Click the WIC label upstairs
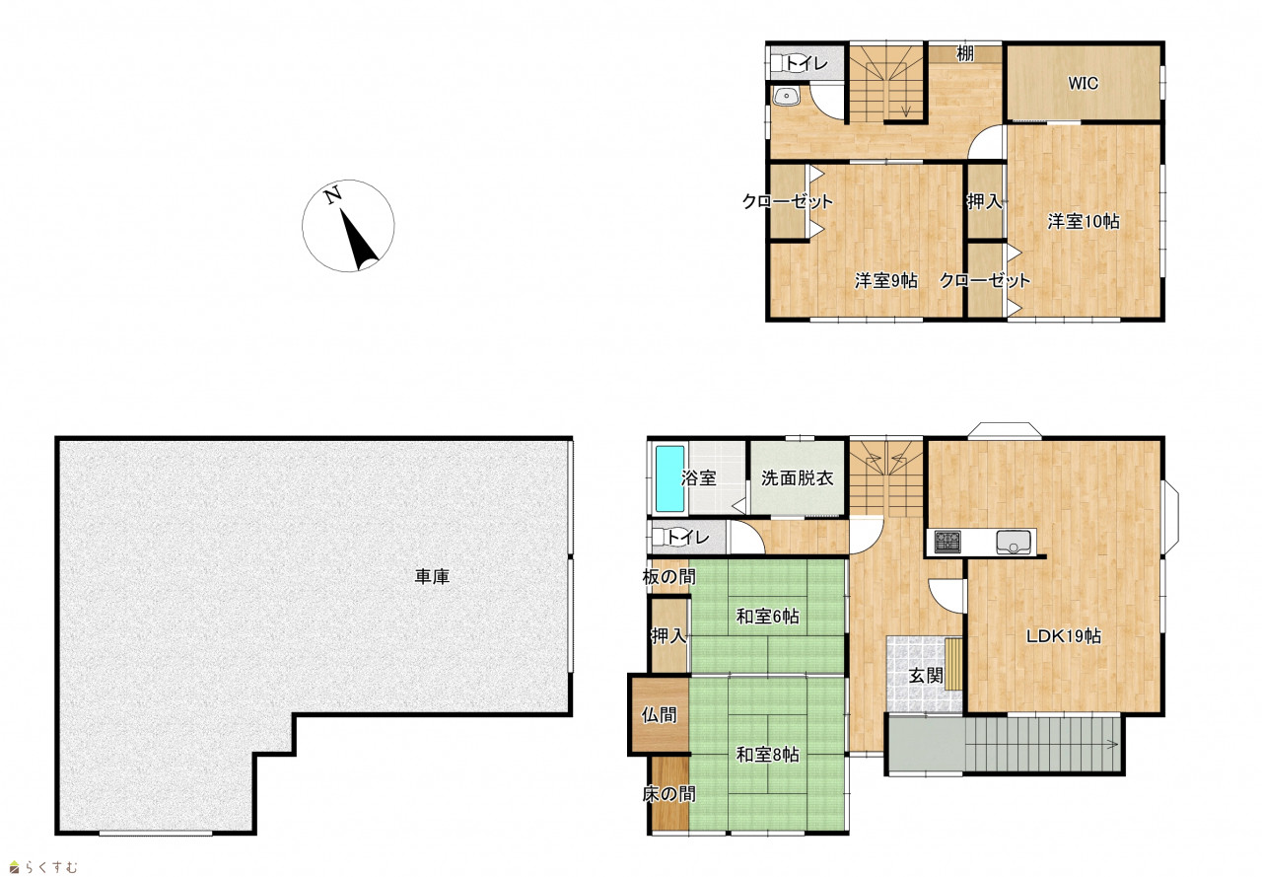click(1083, 84)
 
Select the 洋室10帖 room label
click(1084, 222)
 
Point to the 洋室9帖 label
click(886, 280)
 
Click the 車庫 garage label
click(432, 576)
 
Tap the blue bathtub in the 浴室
click(669, 479)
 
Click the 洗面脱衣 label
click(798, 477)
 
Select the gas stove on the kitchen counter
click(947, 542)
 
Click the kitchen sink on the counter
click(1013, 543)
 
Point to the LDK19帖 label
click(1063, 635)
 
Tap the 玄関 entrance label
click(926, 676)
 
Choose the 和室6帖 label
click(768, 616)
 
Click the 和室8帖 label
click(768, 754)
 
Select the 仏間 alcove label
click(659, 715)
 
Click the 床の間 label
click(668, 794)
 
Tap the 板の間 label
click(668, 576)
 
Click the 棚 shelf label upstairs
click(965, 53)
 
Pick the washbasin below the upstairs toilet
click(787, 97)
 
